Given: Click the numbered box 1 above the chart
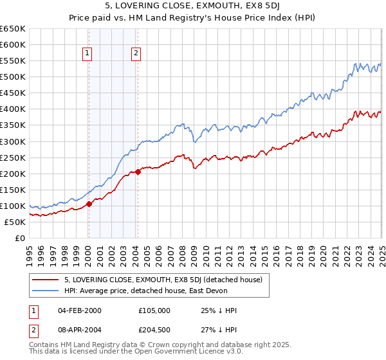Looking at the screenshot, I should coord(87,54).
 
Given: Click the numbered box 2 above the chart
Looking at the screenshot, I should coord(136,54).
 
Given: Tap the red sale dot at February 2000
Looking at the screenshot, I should coord(89,204).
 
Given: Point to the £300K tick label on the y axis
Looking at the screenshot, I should coord(13,141).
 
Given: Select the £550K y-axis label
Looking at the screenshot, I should coord(13,61).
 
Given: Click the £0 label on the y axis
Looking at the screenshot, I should coord(20,238).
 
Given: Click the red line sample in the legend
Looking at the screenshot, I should coord(46,280).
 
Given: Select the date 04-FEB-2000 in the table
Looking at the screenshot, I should coord(80,310).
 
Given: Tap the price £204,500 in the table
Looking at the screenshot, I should coord(154,331).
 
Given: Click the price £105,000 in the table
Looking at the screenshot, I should coord(154,310).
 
